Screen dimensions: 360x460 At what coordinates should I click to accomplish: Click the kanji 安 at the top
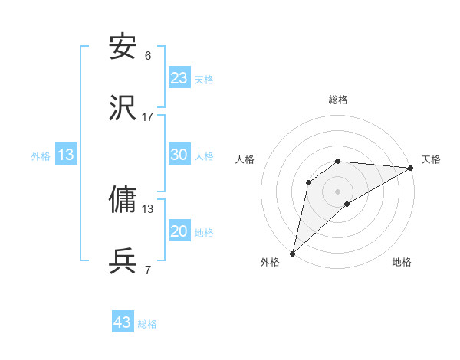click(123, 47)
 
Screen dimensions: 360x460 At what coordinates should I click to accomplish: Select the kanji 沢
click(123, 109)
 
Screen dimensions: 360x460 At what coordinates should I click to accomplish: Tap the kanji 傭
click(123, 200)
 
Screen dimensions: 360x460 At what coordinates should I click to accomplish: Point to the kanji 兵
click(123, 262)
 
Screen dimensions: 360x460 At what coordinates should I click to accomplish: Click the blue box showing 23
click(179, 78)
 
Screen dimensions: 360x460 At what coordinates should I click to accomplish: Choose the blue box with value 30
click(179, 155)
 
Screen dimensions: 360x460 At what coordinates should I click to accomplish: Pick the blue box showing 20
click(179, 231)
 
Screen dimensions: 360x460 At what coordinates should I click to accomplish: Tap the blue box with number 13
click(66, 155)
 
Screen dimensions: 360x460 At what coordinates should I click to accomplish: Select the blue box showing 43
click(123, 322)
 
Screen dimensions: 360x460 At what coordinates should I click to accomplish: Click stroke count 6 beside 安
click(148, 56)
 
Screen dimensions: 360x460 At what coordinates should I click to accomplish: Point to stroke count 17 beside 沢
click(148, 117)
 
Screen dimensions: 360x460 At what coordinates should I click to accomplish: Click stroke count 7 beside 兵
click(148, 270)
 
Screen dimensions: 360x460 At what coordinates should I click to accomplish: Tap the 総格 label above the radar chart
click(338, 100)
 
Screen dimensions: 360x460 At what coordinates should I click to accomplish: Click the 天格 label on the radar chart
click(432, 159)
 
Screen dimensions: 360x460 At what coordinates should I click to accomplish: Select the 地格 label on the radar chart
click(402, 262)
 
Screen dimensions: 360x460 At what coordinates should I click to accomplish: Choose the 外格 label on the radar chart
click(270, 262)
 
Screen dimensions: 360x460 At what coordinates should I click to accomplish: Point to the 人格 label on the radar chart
click(245, 159)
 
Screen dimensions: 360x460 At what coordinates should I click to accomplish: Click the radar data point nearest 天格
click(411, 168)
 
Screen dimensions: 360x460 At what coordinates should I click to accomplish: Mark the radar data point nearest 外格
click(293, 253)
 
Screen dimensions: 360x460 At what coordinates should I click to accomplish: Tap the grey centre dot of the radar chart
click(338, 191)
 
